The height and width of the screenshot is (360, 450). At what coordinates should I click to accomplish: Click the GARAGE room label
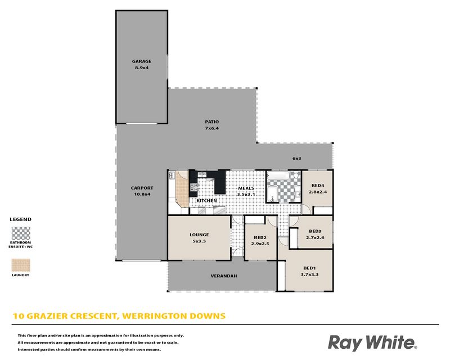pyautogui.click(x=142, y=61)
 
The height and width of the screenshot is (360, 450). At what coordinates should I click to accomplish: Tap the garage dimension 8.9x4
pyautogui.click(x=142, y=67)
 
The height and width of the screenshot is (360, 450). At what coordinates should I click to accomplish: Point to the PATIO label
pyautogui.click(x=212, y=121)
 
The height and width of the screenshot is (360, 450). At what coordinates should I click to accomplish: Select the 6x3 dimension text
pyautogui.click(x=297, y=158)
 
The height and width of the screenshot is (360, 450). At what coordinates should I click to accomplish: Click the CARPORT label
pyautogui.click(x=142, y=188)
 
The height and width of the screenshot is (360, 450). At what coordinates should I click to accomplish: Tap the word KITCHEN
pyautogui.click(x=206, y=201)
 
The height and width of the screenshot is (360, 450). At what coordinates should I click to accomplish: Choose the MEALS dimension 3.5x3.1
pyautogui.click(x=246, y=195)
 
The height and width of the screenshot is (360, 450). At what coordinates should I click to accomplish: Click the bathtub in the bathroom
pyautogui.click(x=278, y=175)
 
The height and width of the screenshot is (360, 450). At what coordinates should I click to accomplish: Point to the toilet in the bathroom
pyautogui.click(x=296, y=175)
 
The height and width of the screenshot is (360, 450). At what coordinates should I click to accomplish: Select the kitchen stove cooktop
pyautogui.click(x=194, y=187)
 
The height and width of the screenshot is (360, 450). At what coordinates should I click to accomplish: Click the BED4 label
pyautogui.click(x=318, y=186)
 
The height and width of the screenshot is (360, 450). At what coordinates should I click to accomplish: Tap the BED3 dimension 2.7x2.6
pyautogui.click(x=315, y=238)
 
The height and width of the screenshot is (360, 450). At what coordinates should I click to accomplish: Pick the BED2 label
pyautogui.click(x=260, y=237)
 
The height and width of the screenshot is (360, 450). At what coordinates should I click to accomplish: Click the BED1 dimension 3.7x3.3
pyautogui.click(x=309, y=274)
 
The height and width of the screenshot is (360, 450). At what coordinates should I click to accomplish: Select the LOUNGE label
pyautogui.click(x=199, y=235)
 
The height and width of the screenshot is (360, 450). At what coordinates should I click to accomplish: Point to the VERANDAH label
pyautogui.click(x=224, y=276)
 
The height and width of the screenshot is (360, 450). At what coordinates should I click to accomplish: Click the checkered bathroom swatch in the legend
pyautogui.click(x=21, y=233)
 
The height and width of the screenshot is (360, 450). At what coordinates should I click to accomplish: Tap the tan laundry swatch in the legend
pyautogui.click(x=21, y=265)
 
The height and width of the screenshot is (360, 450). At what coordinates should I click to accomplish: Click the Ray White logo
pyautogui.click(x=372, y=343)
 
